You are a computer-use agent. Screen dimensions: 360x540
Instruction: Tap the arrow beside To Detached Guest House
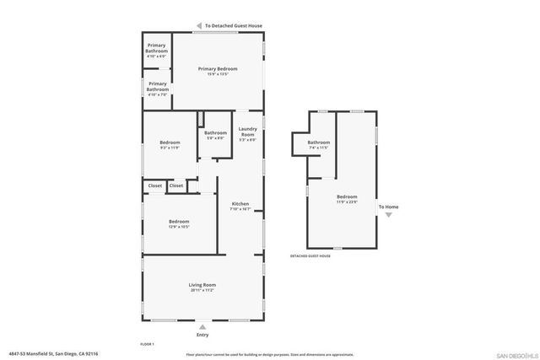coord(199,26)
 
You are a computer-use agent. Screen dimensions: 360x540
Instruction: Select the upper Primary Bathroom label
coord(157,48)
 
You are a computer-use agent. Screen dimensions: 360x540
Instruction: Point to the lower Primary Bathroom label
coord(157,86)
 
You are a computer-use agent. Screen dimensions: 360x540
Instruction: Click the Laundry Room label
coord(247,132)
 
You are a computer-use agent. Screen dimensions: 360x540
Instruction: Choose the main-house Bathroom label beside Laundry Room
coord(215,133)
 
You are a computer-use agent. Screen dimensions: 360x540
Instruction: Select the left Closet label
coord(155,185)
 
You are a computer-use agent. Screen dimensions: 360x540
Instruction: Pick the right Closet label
coord(175,185)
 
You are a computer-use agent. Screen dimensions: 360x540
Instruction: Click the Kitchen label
coord(240,205)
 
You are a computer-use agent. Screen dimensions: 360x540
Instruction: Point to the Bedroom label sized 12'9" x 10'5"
coord(179,223)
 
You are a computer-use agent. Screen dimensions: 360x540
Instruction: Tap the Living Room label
coord(202,286)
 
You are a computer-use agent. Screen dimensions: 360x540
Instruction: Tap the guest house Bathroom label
coord(318,143)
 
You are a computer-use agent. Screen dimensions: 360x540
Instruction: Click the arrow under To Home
coord(388,215)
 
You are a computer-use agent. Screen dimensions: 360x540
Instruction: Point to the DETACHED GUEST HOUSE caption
coord(310,255)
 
